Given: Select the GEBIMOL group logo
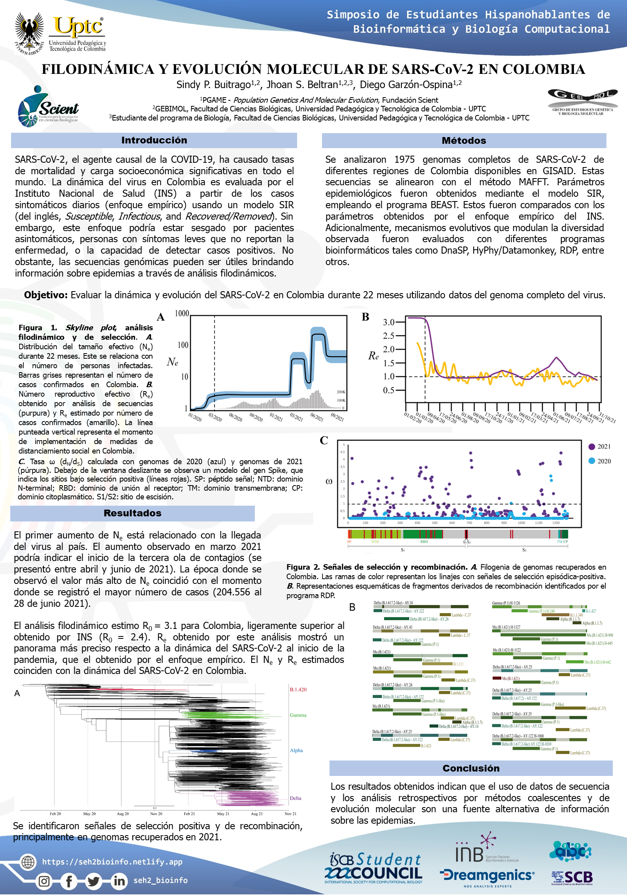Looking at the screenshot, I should point(582,102).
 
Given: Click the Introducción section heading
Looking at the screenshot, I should point(154,140).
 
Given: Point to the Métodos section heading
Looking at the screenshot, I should point(464,141).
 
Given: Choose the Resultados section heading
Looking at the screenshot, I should point(132,513).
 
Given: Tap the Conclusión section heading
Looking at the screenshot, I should point(471,768).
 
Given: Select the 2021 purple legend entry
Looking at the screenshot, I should point(599,446).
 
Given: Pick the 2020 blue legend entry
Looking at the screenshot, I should point(599,461).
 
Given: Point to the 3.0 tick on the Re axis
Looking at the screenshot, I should point(389,322).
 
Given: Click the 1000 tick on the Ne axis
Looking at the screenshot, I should point(182,313).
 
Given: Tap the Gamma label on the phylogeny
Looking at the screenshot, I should point(298,715).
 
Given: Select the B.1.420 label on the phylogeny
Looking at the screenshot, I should point(298,689).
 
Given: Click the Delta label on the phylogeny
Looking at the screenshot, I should point(295,798).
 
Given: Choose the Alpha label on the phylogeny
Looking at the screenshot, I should point(296,750).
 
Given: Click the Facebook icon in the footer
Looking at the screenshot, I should point(69,881).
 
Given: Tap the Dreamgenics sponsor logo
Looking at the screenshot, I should point(487,875).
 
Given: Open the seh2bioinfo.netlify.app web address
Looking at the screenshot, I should point(112,862).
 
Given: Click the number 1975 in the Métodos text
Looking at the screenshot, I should point(404,160).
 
